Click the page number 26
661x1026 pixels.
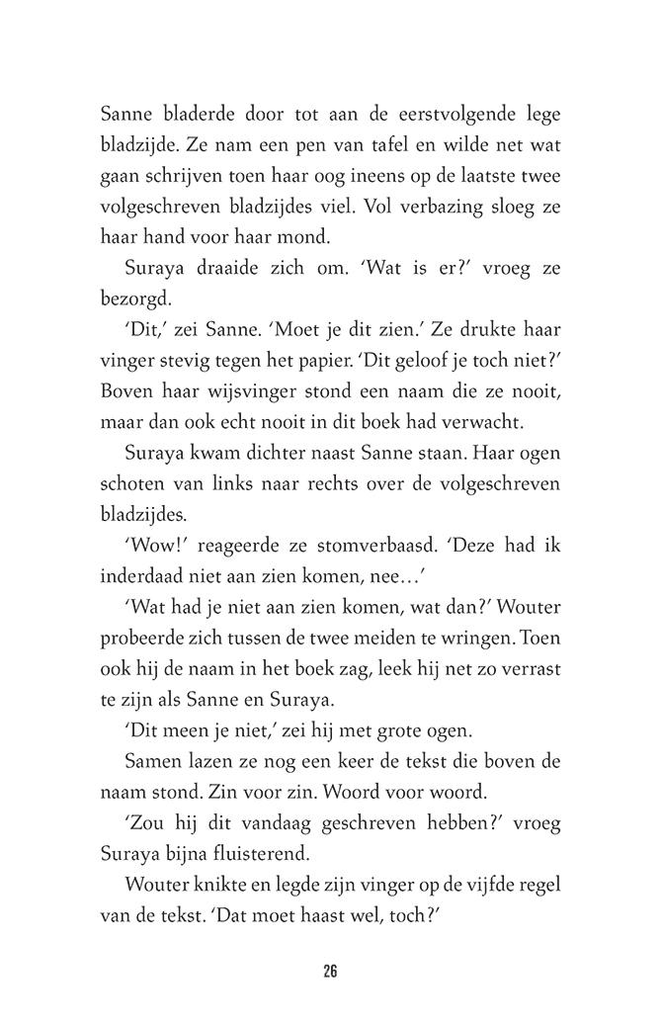tap(330, 971)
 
